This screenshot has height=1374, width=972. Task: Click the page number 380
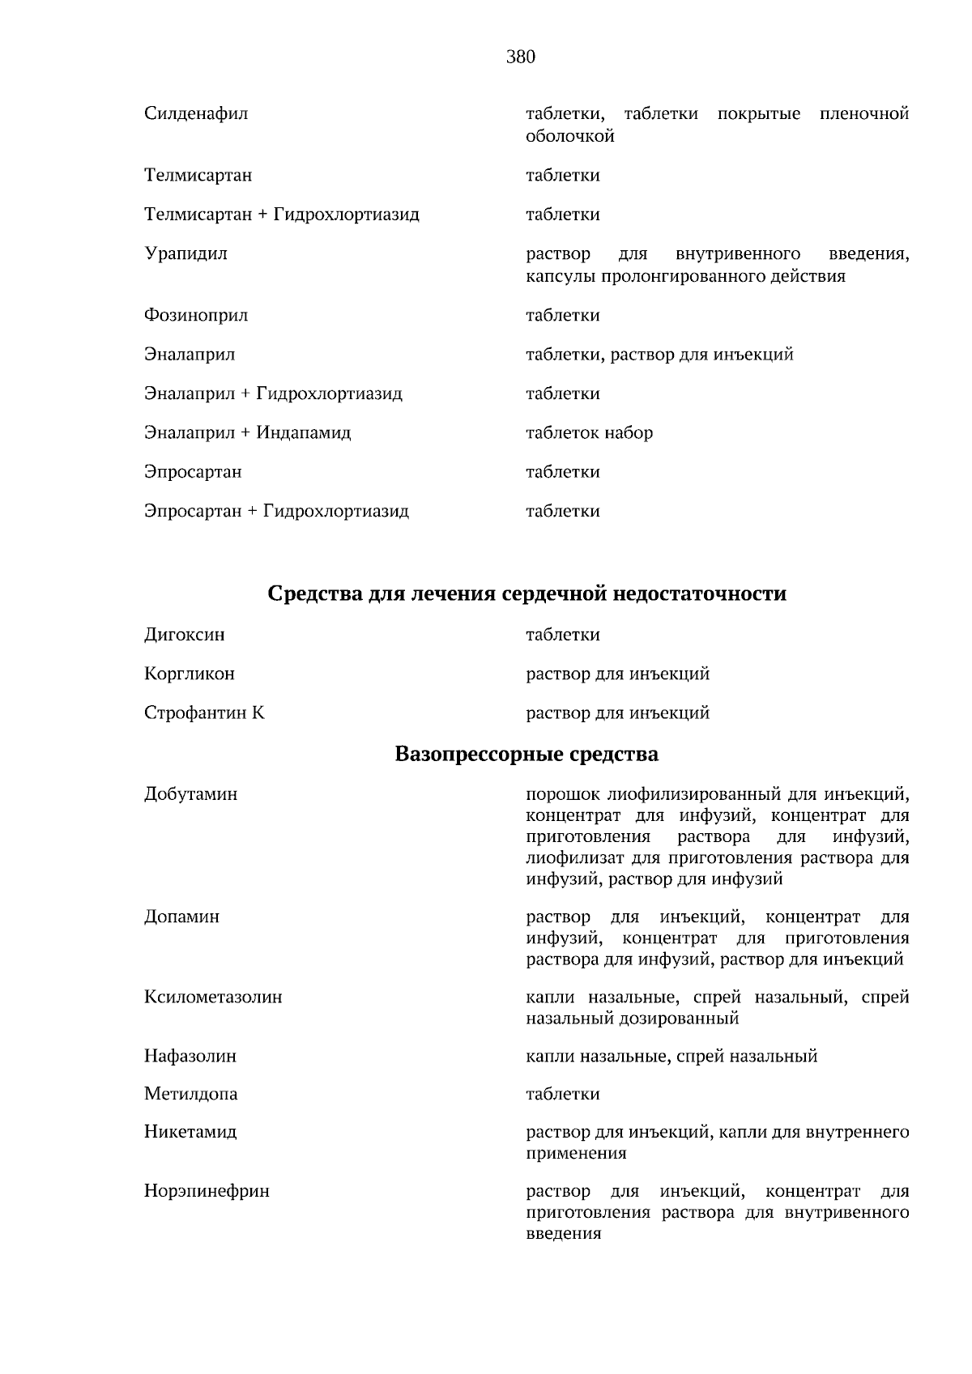coord(520,57)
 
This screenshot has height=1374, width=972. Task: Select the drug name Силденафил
coord(196,113)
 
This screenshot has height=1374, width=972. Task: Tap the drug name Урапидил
coord(185,253)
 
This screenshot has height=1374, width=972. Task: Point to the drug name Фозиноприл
coord(196,315)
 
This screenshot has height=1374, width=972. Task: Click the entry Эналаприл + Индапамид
coord(247,432)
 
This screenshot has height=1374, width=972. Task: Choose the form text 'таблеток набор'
coord(589,432)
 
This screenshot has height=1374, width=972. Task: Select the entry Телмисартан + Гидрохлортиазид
coord(281,215)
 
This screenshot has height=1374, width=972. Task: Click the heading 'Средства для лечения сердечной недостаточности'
coord(526,593)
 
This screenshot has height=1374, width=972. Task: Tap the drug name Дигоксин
coord(185,635)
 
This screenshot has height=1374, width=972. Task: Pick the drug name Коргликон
coord(190,674)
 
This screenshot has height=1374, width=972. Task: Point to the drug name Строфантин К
coord(204,713)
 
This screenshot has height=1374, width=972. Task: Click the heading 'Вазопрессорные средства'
coord(526,754)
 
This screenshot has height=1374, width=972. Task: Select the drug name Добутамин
coord(191,793)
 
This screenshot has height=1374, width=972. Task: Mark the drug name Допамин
coord(181,917)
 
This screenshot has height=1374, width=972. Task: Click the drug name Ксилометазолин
coord(213,997)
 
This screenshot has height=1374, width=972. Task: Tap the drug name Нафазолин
coord(190,1056)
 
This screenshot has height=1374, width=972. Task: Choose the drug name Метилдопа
coord(191,1094)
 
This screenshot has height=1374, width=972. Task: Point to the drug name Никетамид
coord(190,1131)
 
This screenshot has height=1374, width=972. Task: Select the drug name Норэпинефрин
coord(207,1191)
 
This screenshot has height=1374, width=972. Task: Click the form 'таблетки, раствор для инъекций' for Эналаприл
coord(659,354)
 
